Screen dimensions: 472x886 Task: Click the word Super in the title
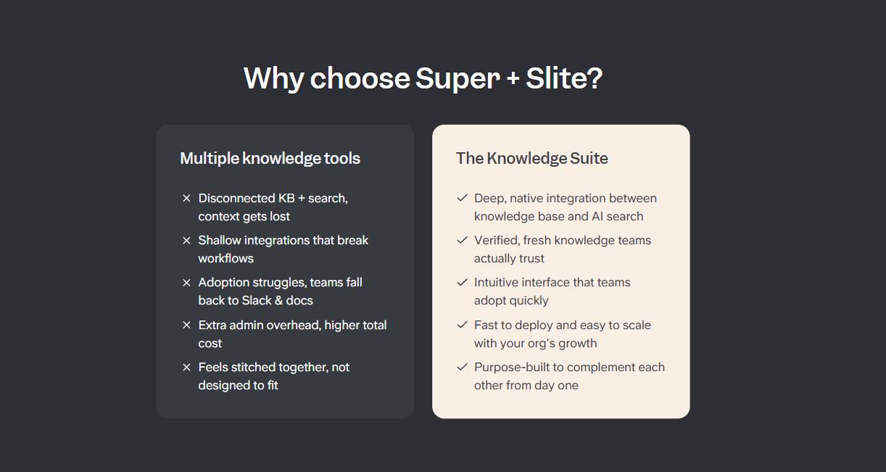457,78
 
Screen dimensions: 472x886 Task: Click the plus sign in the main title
513,79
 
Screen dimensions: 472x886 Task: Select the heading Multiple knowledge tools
270,158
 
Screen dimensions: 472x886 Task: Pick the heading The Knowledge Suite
531,158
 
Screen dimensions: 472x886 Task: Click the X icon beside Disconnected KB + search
186,198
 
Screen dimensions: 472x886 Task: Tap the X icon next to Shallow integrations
186,240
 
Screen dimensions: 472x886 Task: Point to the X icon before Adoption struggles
186,282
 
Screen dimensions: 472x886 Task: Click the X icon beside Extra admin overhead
186,325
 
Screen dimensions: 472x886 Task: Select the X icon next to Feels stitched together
186,367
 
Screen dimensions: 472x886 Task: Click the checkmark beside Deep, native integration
462,198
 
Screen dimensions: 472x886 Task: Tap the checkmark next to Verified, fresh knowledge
462,240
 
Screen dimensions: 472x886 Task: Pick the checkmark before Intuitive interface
462,282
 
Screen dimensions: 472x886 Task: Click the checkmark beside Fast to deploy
462,325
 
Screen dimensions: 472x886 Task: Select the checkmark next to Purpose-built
462,367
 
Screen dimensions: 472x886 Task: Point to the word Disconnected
236,198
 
